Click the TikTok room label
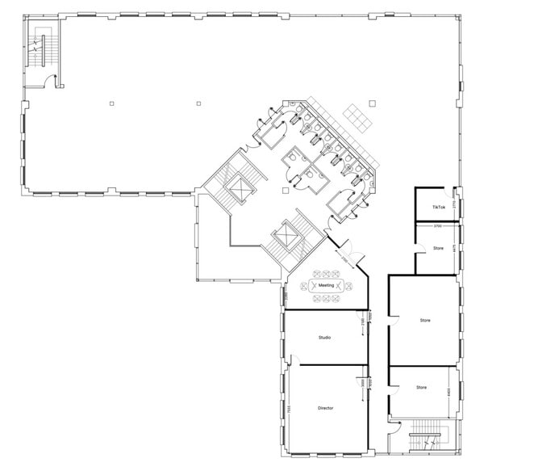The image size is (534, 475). tap(438, 208)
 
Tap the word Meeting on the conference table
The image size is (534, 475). tap(326, 285)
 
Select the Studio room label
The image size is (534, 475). tap(325, 337)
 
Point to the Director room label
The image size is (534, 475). tap(325, 408)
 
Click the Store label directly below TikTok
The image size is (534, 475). tap(438, 248)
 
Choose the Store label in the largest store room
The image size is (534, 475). tap(424, 320)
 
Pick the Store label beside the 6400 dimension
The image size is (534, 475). tap(421, 388)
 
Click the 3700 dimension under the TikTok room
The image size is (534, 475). tap(436, 226)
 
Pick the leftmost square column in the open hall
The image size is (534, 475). tap(112, 103)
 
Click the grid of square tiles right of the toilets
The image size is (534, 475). tap(356, 116)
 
